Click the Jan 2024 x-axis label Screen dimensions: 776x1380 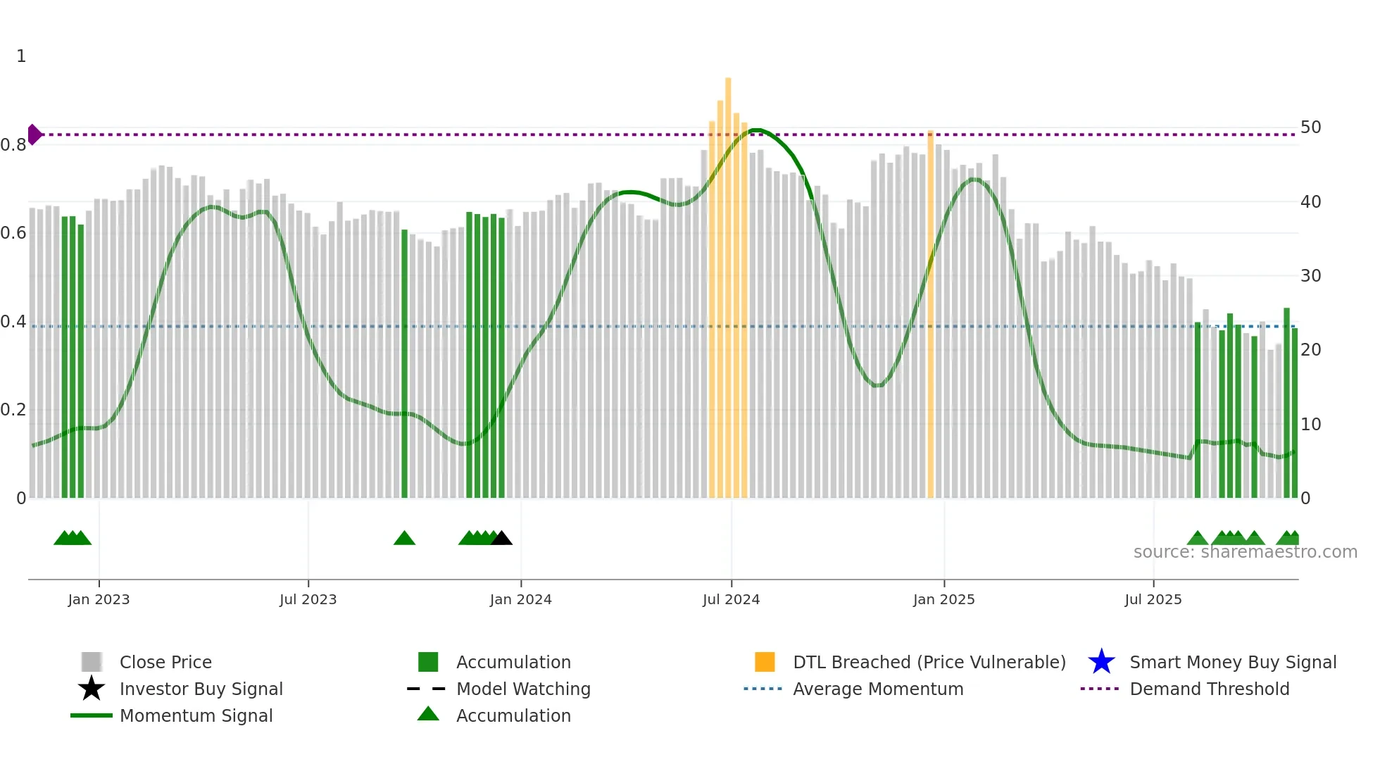pos(520,599)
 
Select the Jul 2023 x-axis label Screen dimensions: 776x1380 pos(308,599)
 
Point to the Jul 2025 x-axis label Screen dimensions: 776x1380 pos(1153,599)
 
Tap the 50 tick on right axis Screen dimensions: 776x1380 pos(1310,127)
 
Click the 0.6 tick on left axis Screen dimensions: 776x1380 pos(13,233)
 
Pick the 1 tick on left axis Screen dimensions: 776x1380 pos(21,56)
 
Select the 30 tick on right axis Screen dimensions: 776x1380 pos(1310,276)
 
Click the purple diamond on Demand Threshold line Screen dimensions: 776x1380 pos(34,134)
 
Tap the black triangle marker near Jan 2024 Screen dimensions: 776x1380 pos(501,539)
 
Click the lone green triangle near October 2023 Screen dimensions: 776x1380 pos(404,539)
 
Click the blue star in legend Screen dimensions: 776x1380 pos(1101,662)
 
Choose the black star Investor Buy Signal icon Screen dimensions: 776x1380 pos(92,689)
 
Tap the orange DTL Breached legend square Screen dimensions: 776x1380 pos(765,662)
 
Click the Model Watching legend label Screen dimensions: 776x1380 pos(523,689)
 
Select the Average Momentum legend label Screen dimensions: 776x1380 pos(878,689)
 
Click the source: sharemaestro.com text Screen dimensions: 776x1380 pos(1245,552)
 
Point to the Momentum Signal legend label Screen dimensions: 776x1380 pos(196,715)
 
